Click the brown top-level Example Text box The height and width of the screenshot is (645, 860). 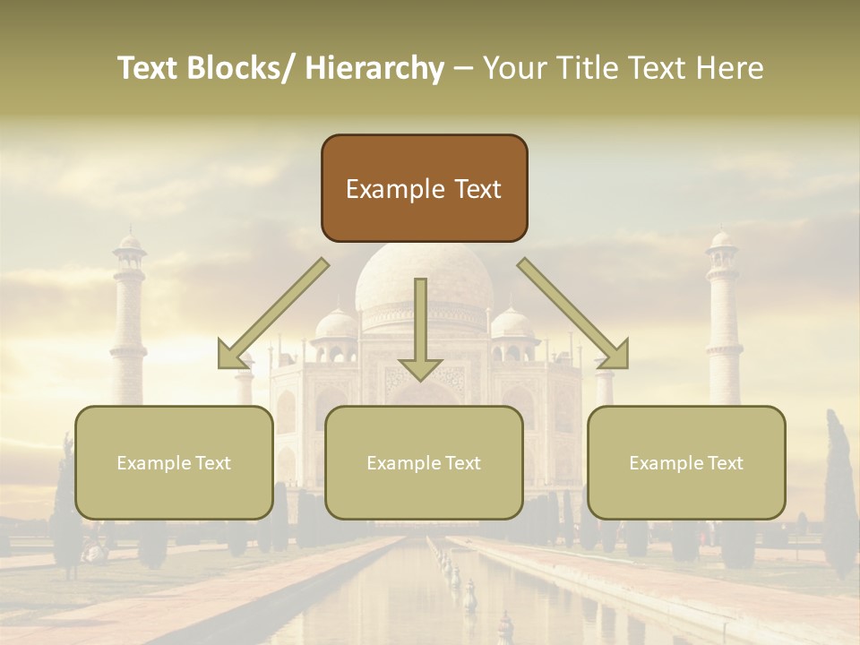tap(424, 188)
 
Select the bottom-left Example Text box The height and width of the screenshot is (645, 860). tap(174, 462)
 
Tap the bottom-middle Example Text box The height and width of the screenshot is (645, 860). tap(424, 462)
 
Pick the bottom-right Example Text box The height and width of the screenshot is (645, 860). tap(686, 462)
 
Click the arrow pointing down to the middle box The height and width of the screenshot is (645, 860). tap(420, 331)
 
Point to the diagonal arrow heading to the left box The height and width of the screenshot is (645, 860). tap(269, 315)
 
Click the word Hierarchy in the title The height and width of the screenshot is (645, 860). tap(374, 68)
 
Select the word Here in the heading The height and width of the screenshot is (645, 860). tap(731, 68)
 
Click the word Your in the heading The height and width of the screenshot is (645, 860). tap(513, 68)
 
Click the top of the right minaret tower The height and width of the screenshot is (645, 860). tap(721, 237)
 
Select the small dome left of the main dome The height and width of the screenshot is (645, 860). tap(337, 324)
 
